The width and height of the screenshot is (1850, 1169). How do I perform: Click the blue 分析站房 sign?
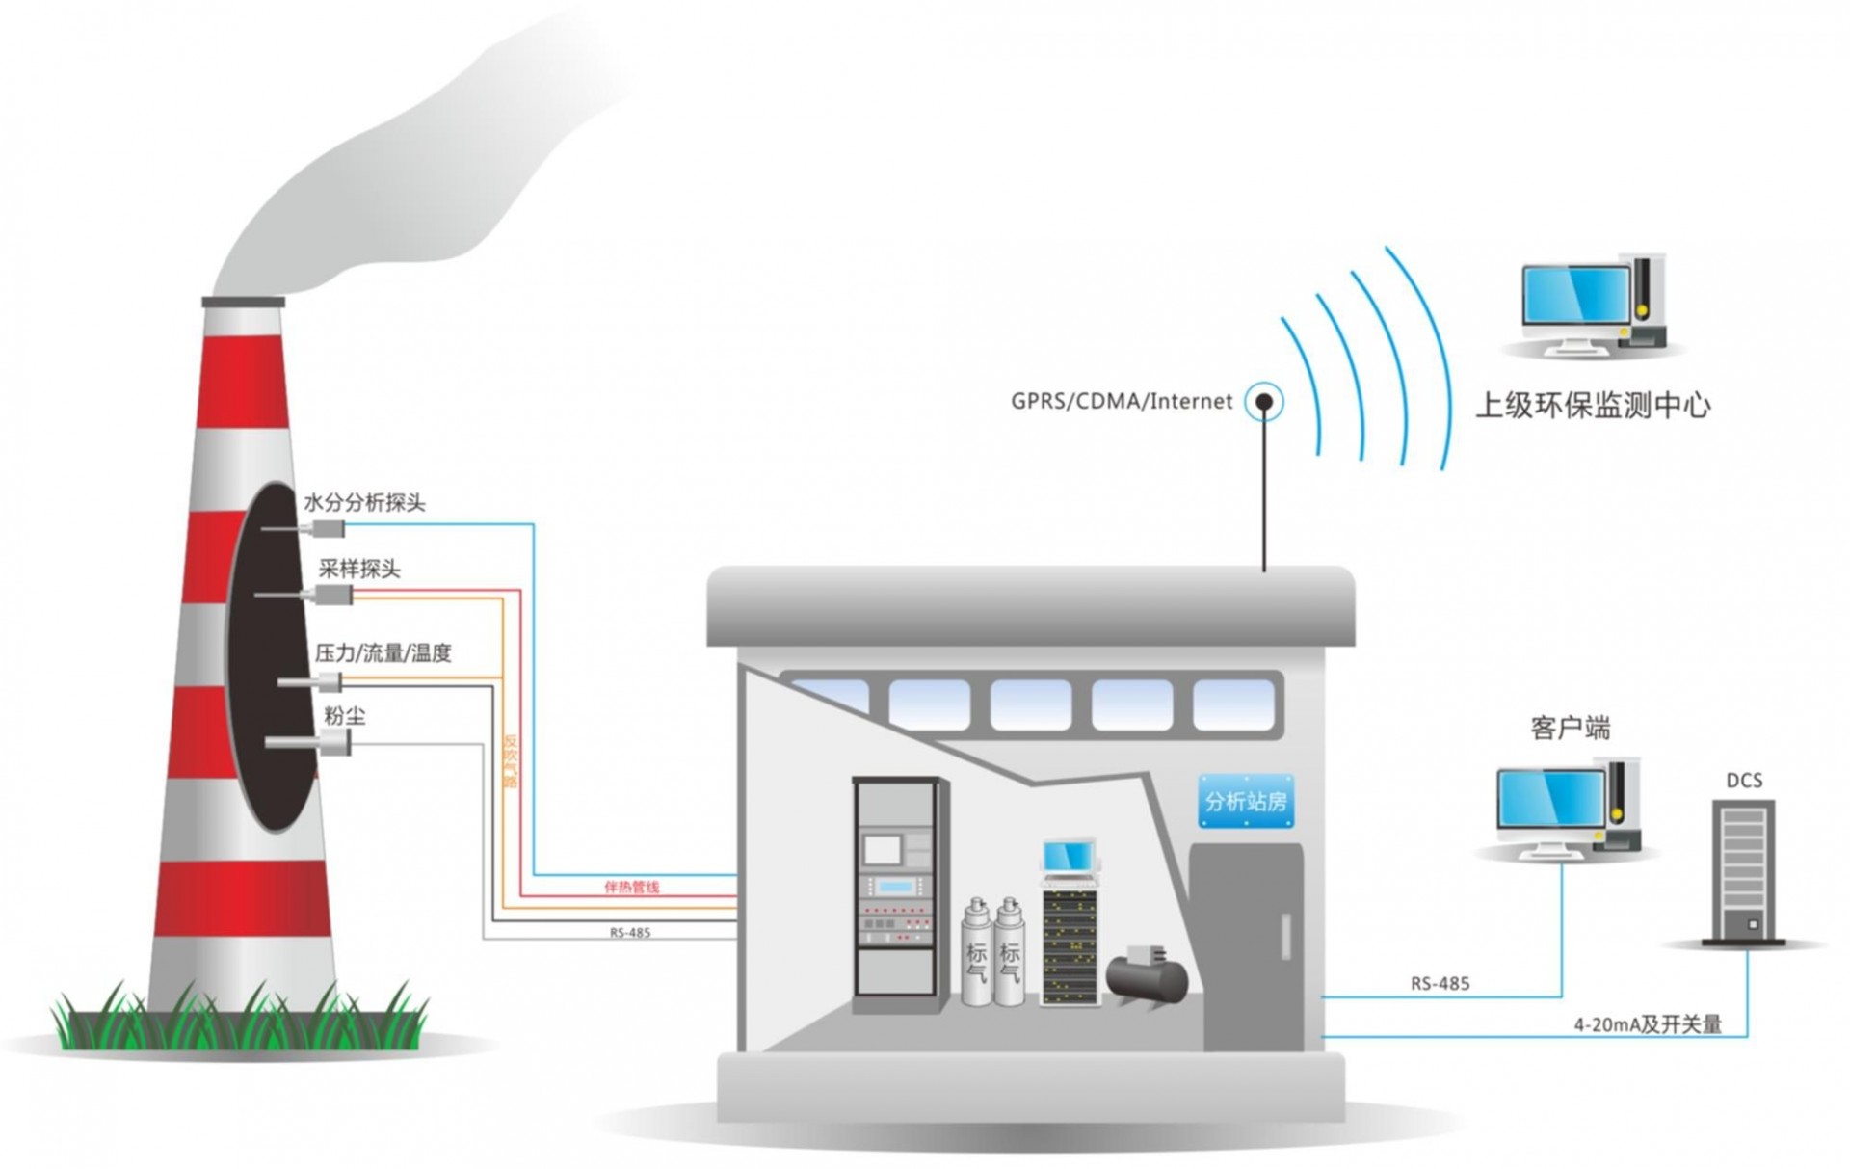click(x=1245, y=801)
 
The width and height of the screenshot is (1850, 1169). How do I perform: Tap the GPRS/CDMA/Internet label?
click(x=1121, y=401)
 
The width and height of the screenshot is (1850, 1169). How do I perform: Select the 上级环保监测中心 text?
click(x=1592, y=406)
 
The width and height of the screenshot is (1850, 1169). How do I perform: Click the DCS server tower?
click(x=1743, y=871)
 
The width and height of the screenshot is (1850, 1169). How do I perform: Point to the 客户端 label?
click(x=1570, y=729)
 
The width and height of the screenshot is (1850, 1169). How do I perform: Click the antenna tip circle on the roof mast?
click(x=1263, y=402)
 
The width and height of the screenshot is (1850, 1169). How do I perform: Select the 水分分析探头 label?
click(x=364, y=503)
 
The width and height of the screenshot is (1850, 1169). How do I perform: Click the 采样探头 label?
click(x=358, y=570)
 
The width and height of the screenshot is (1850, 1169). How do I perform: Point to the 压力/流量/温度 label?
click(x=383, y=653)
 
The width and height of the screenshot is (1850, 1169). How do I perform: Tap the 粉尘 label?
click(x=344, y=716)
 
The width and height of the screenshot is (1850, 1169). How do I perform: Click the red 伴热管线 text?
click(x=631, y=887)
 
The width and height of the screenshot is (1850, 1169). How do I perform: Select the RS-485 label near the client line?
click(x=1440, y=984)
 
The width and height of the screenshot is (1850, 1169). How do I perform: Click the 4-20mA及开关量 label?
click(x=1647, y=1025)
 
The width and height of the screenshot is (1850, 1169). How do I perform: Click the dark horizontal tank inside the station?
click(x=1147, y=978)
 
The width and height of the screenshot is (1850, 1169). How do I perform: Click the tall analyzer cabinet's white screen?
click(x=881, y=850)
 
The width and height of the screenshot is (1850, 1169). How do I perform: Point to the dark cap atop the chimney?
click(x=244, y=302)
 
